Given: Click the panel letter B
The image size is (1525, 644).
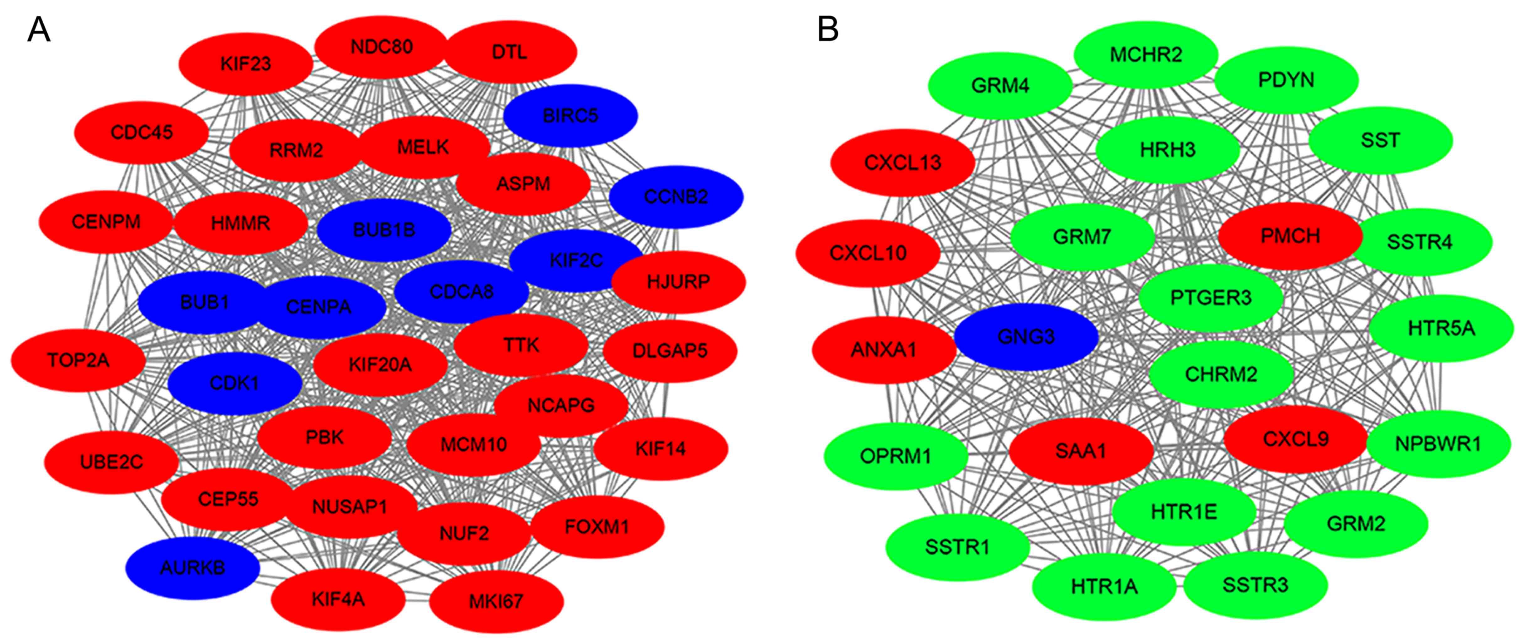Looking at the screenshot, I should pyautogui.click(x=828, y=29).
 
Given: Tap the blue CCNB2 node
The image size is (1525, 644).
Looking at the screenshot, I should pyautogui.click(x=676, y=196).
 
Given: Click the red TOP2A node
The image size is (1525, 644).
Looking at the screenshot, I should pyautogui.click(x=78, y=360).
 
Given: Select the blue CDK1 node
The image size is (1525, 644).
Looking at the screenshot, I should pyautogui.click(x=234, y=383).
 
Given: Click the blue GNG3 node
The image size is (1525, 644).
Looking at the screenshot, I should pyautogui.click(x=1026, y=337).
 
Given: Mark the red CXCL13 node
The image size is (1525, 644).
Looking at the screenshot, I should pyautogui.click(x=902, y=162).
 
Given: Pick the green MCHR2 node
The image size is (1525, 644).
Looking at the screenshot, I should pyautogui.click(x=1146, y=55).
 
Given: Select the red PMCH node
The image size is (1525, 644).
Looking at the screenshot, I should pyautogui.click(x=1290, y=236).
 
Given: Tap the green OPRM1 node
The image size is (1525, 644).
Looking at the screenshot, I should pyautogui.click(x=896, y=456).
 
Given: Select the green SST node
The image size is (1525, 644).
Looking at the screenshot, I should pyautogui.click(x=1380, y=140).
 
